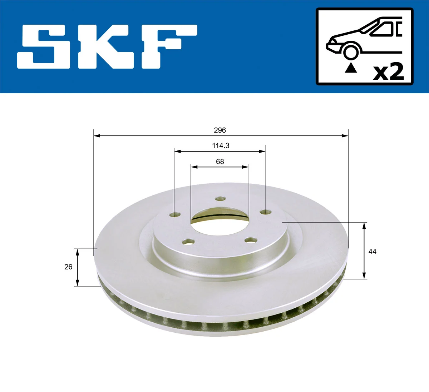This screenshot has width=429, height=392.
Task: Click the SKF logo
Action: tap(107, 47)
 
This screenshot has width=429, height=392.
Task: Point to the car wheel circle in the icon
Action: tap(350, 51)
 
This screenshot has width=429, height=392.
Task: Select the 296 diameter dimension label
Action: tap(220, 130)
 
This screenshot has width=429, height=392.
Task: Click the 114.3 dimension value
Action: tap(220, 145)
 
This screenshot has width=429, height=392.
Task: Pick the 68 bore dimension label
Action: tap(220, 162)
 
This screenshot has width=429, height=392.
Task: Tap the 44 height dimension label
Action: tap(372, 252)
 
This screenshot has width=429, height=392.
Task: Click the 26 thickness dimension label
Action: tap(68, 267)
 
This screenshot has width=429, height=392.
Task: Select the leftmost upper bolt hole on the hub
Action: tap(175, 215)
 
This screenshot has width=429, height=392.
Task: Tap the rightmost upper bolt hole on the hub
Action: tap(265, 212)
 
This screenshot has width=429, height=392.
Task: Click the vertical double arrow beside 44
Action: tap(364, 250)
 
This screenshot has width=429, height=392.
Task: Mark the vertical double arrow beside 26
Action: tap(77, 267)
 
